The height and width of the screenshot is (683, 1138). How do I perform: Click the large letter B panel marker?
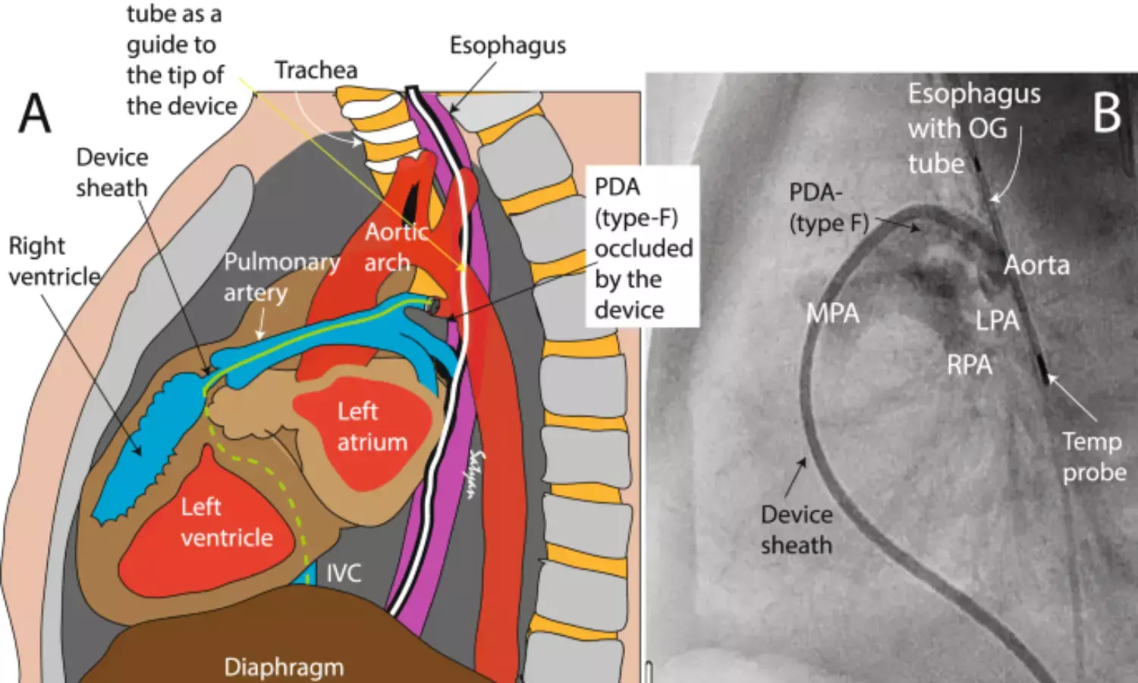pyautogui.click(x=1106, y=114)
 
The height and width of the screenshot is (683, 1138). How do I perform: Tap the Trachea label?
pyautogui.click(x=316, y=71)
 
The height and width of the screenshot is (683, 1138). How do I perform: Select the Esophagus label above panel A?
pyautogui.click(x=508, y=46)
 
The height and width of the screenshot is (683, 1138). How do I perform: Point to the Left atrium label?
pyautogui.click(x=372, y=426)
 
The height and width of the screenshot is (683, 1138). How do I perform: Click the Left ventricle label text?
pyautogui.click(x=226, y=522)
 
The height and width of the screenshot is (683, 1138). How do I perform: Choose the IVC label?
pyautogui.click(x=344, y=573)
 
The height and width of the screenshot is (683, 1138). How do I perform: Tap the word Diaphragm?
pyautogui.click(x=284, y=667)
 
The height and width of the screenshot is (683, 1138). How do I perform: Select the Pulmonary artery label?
pyautogui.click(x=281, y=277)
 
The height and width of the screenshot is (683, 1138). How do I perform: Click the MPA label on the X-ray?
pyautogui.click(x=832, y=313)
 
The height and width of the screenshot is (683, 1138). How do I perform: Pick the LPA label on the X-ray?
pyautogui.click(x=997, y=321)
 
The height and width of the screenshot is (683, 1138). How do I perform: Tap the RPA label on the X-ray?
pyautogui.click(x=969, y=365)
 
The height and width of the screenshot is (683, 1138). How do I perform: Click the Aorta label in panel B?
pyautogui.click(x=1036, y=266)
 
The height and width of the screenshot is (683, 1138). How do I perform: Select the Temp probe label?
pyautogui.click(x=1093, y=457)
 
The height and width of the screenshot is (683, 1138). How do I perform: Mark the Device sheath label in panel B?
pyautogui.click(x=797, y=530)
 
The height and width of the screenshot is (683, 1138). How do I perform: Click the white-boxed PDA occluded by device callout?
pyautogui.click(x=643, y=248)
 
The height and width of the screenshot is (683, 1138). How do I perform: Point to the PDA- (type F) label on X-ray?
pyautogui.click(x=827, y=208)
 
